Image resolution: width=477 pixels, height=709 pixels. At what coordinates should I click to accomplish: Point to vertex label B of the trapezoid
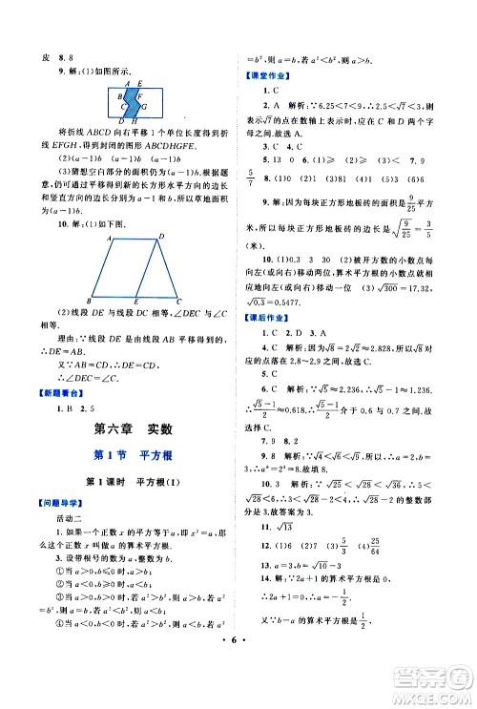point(88,299)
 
